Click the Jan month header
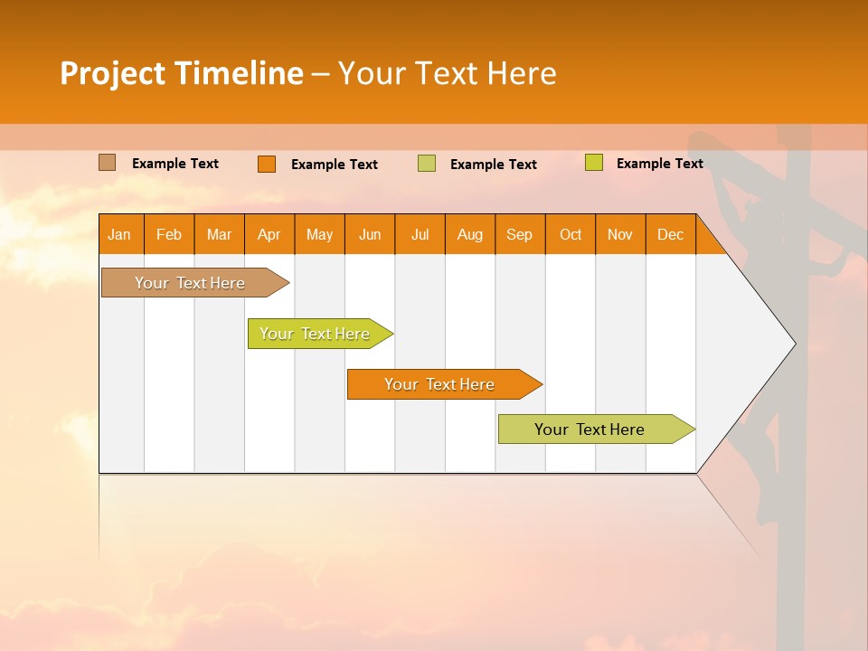tap(119, 235)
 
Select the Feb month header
tap(169, 235)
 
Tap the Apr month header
tap(269, 235)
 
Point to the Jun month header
tap(369, 235)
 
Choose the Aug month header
tap(469, 235)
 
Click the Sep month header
tap(519, 235)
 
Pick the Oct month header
tap(570, 235)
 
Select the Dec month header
tap(670, 235)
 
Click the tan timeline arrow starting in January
tap(190, 283)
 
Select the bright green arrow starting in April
tap(315, 334)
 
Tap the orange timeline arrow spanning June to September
tap(439, 384)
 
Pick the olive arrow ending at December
tap(590, 429)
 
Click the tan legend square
tap(107, 163)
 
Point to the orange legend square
tap(266, 164)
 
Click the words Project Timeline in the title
tap(181, 73)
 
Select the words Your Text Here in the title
tap(447, 73)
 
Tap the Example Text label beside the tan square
tap(175, 164)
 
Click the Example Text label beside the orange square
tap(335, 165)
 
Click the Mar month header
tap(219, 235)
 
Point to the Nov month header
tap(619, 235)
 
